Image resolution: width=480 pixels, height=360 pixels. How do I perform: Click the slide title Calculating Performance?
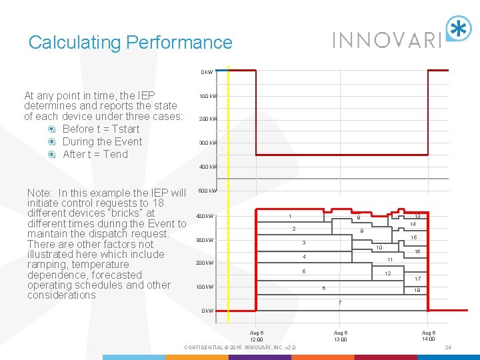[131, 43]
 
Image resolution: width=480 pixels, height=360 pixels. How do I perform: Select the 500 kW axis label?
[207, 191]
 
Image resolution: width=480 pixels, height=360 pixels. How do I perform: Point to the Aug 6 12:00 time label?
[257, 336]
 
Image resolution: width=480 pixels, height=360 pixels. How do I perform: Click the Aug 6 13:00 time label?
[340, 336]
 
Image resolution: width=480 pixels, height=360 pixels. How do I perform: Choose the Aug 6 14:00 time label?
[429, 336]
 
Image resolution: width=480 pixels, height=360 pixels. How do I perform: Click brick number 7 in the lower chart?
[340, 303]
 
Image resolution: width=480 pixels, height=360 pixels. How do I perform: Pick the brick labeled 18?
[417, 291]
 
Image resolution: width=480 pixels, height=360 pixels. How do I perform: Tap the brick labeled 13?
[417, 216]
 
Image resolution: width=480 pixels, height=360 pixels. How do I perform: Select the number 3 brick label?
[304, 242]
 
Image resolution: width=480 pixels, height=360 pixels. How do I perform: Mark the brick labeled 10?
[379, 247]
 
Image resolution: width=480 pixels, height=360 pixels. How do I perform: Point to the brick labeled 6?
[324, 288]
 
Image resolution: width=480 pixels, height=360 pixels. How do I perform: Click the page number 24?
[448, 348]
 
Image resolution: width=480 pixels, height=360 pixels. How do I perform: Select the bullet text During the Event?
[102, 141]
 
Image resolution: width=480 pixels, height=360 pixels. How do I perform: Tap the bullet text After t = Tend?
[95, 154]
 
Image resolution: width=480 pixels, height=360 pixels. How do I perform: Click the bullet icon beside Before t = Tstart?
[52, 129]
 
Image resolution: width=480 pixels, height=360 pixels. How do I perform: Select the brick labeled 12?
[387, 274]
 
